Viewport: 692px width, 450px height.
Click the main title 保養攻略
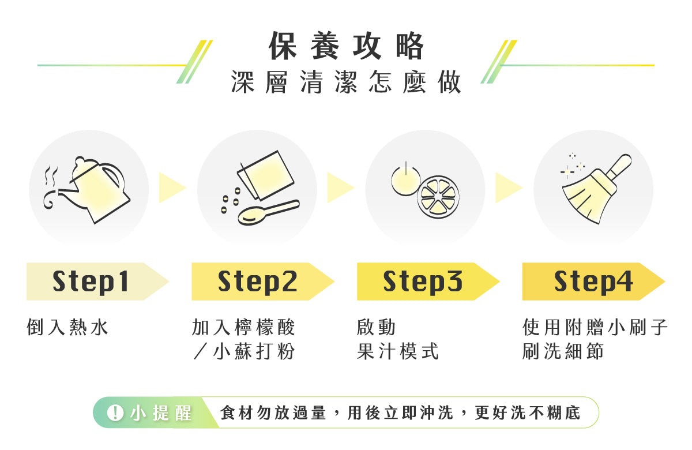click(x=346, y=46)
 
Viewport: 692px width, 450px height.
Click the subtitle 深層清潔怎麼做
click(x=346, y=82)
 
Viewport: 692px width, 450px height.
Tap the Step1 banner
click(x=97, y=282)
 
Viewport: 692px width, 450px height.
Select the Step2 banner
click(x=262, y=282)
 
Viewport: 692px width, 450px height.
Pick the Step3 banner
click(x=428, y=282)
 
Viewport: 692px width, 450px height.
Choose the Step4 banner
click(x=593, y=282)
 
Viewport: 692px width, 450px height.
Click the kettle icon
click(x=93, y=189)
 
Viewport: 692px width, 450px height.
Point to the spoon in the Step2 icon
click(x=269, y=212)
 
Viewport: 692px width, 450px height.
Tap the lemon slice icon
click(x=438, y=197)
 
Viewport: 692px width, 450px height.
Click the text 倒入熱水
click(x=67, y=327)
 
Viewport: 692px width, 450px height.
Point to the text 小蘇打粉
click(x=254, y=351)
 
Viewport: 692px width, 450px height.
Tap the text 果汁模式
click(x=397, y=351)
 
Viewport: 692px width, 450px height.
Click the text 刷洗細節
click(x=563, y=351)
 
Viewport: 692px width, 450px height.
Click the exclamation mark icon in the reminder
click(x=115, y=413)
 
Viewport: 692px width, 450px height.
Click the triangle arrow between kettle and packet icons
click(x=172, y=187)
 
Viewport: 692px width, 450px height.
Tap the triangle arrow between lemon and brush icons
click(x=509, y=187)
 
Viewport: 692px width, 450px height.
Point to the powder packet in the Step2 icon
click(x=266, y=175)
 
